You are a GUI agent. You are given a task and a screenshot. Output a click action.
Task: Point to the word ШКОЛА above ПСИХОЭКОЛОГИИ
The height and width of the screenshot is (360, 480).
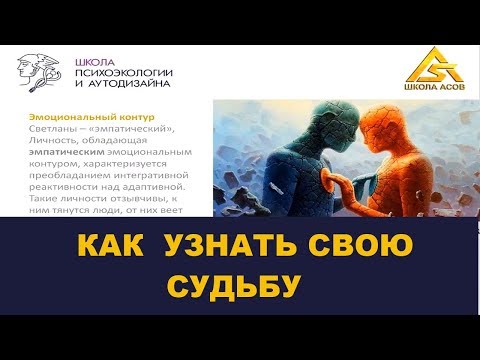95,60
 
